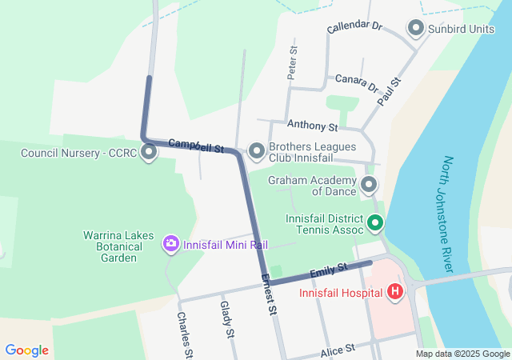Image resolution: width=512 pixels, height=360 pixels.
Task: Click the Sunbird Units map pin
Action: [x=416, y=29]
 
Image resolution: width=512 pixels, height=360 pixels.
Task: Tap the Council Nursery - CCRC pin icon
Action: [x=149, y=152]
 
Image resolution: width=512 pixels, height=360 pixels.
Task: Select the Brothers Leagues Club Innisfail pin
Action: [x=257, y=150]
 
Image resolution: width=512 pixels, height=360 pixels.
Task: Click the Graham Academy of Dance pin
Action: [x=369, y=186]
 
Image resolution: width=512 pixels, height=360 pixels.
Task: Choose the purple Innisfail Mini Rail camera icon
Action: [x=170, y=243]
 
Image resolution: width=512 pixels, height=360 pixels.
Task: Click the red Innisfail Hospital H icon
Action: [x=394, y=292]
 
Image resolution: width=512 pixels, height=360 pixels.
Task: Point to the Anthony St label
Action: [x=313, y=126]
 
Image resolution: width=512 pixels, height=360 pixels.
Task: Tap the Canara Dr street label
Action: [x=357, y=82]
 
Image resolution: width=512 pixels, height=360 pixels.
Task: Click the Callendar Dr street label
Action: [x=354, y=27]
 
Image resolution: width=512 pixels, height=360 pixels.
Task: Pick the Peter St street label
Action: [x=293, y=62]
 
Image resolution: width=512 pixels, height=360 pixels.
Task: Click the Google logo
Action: [x=26, y=350]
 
